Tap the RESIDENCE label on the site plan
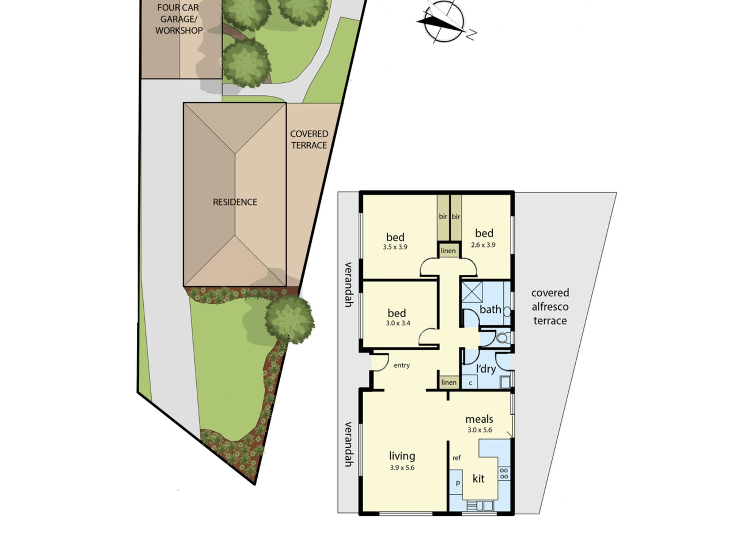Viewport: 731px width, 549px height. click(235, 202)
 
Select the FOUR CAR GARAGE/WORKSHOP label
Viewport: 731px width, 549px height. click(179, 19)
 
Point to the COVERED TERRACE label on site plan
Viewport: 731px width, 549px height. click(309, 139)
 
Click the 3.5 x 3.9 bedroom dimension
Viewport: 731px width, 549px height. click(395, 247)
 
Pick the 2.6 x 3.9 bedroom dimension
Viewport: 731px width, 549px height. click(483, 245)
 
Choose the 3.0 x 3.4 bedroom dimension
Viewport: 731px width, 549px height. click(398, 323)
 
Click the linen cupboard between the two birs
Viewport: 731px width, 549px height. click(448, 251)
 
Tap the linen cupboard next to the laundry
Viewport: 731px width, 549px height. click(449, 382)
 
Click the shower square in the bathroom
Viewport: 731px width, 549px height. click(472, 292)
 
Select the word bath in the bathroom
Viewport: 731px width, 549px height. click(490, 310)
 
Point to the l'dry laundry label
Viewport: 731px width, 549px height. click(486, 369)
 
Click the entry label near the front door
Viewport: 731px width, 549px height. click(402, 365)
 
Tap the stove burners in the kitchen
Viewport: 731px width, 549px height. click(504, 473)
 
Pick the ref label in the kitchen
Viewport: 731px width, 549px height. click(457, 458)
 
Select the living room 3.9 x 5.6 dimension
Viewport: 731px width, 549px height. click(402, 468)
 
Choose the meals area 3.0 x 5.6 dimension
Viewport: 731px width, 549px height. click(480, 430)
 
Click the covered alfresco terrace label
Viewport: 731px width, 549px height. click(550, 307)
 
